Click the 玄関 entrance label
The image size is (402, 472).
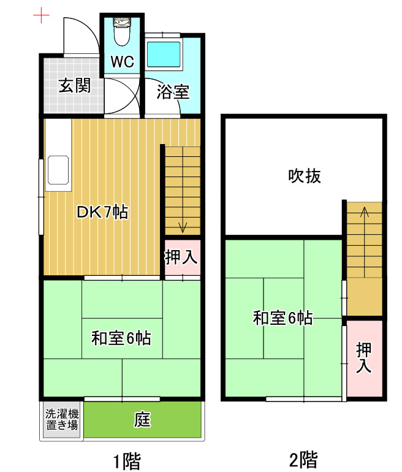[x=74, y=85]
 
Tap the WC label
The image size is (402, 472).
[x=123, y=61]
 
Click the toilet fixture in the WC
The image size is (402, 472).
[x=123, y=32]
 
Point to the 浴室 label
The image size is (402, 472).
[x=172, y=93]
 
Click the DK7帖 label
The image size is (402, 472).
[x=102, y=213]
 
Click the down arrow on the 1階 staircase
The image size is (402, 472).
[x=182, y=227]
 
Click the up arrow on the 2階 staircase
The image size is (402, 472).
[x=365, y=213]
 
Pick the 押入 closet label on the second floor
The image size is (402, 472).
[x=364, y=358]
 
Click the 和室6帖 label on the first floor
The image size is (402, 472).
[x=121, y=338]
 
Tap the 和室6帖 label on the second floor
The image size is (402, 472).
[x=283, y=318]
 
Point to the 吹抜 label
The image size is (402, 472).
[x=305, y=177]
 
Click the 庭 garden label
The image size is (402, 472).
[x=142, y=421]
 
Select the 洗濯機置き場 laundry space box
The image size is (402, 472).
[x=62, y=421]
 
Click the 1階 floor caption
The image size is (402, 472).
[x=130, y=459]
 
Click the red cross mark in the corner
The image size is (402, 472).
[x=41, y=15]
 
